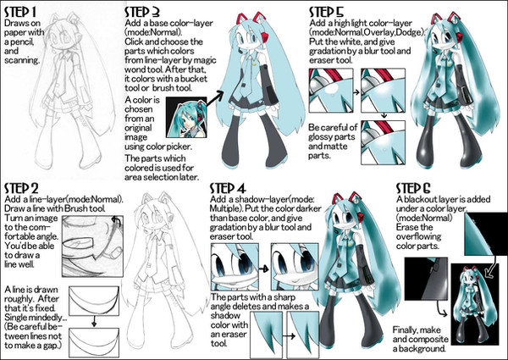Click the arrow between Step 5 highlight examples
(351, 86)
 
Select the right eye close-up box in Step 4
(293, 253)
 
